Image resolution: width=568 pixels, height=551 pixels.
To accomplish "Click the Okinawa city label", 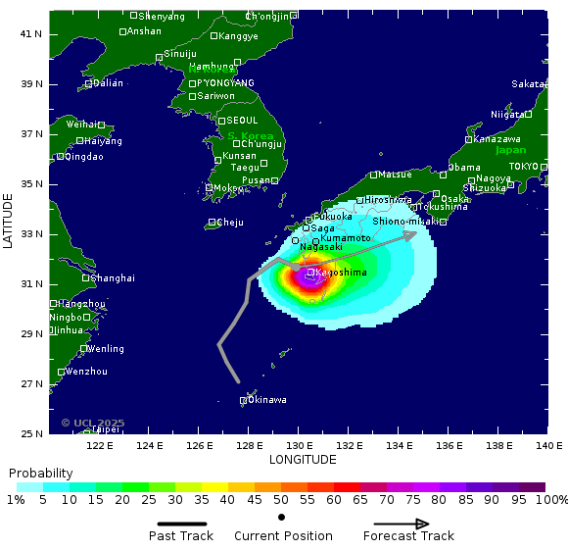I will click(267, 400).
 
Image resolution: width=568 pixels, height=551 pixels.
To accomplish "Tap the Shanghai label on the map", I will click(113, 278).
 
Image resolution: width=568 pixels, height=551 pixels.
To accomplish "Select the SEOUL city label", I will click(241, 121).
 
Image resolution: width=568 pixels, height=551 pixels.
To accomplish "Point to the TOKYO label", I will click(523, 167).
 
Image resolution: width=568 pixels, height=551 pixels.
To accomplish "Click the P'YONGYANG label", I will click(225, 83).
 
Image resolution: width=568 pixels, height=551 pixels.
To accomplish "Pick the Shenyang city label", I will click(162, 17).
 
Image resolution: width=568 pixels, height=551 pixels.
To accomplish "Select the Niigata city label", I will click(507, 115).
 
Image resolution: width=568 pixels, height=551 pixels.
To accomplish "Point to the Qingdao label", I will click(83, 157).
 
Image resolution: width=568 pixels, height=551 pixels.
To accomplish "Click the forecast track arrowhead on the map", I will click(411, 233).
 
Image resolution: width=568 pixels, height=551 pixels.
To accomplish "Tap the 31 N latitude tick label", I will click(33, 284).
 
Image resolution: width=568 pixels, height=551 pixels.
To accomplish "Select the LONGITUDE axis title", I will click(303, 459).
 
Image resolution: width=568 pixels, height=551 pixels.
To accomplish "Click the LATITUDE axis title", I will click(9, 221).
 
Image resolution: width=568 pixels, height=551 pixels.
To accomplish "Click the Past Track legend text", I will click(181, 536).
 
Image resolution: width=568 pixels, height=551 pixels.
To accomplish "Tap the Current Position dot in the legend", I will click(282, 517).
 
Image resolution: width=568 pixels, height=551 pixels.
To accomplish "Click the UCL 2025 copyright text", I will click(93, 424).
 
